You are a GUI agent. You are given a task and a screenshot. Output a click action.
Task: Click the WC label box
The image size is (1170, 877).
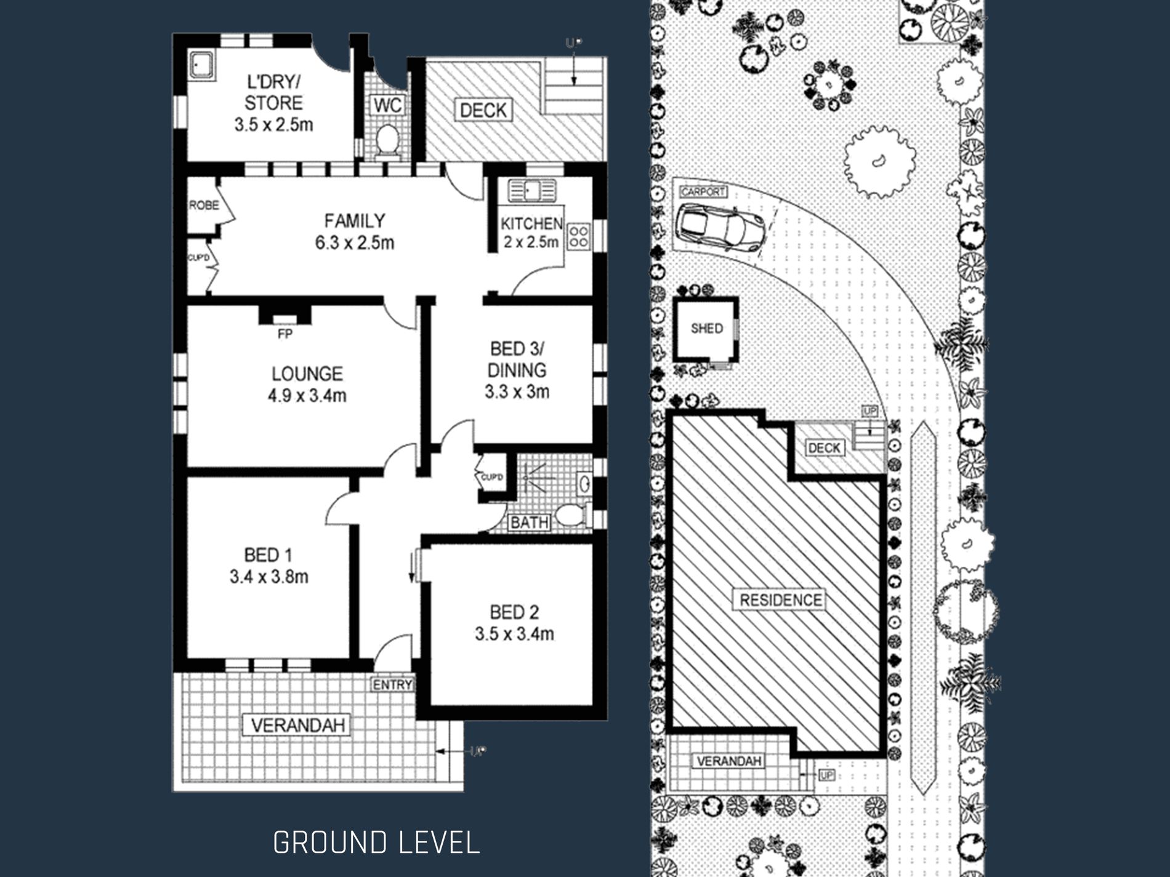tap(388, 105)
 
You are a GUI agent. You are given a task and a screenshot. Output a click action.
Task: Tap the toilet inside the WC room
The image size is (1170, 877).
tap(387, 140)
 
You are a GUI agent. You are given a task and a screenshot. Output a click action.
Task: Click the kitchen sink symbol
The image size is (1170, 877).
tap(531, 191)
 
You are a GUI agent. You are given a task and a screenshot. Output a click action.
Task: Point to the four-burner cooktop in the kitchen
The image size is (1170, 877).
tap(578, 236)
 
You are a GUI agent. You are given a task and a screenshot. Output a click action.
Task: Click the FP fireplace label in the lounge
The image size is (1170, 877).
tap(284, 334)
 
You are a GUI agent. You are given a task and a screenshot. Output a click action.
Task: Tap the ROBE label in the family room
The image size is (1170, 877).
tap(203, 205)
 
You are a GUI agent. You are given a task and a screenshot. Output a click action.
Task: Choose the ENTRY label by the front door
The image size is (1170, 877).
tap(392, 684)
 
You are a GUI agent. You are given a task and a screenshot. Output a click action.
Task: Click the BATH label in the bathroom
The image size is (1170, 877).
tap(530, 523)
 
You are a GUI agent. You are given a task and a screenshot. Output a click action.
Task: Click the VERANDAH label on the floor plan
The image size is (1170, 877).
tap(297, 725)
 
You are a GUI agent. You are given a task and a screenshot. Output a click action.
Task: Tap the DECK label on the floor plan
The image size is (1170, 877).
tap(483, 110)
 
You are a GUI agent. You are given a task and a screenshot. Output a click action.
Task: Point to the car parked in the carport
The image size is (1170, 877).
tap(720, 226)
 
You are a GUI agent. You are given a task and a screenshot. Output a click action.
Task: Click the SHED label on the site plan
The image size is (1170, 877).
tap(706, 329)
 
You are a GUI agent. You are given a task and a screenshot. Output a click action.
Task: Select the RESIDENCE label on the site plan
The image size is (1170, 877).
tap(780, 600)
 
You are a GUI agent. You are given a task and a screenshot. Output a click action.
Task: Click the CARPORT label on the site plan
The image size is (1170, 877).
tap(703, 192)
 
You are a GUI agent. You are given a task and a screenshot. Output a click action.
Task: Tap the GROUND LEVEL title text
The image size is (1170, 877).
tap(376, 843)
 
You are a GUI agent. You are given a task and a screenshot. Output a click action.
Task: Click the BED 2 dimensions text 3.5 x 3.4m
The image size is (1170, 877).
tap(514, 634)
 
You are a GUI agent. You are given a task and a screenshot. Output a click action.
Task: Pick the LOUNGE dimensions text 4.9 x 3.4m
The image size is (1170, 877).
tap(307, 395)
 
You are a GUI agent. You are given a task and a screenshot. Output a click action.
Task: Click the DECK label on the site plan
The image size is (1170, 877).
tap(824, 448)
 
